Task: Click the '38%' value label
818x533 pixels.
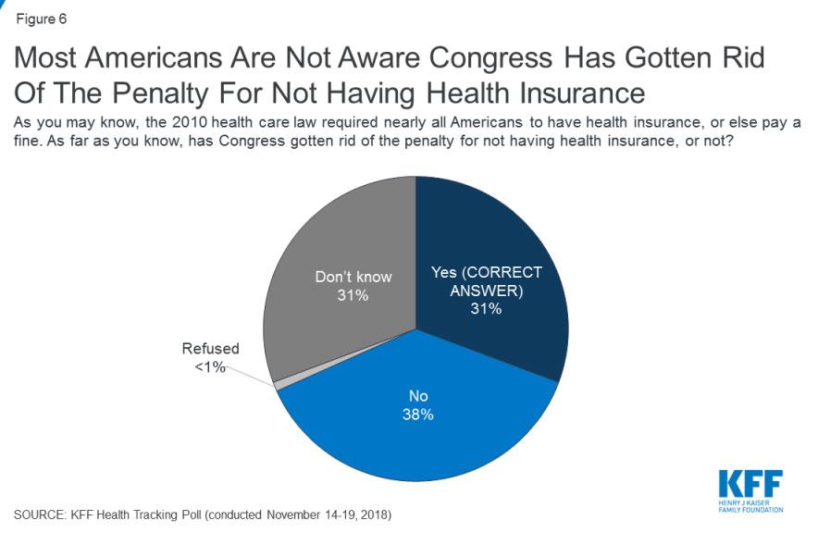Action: pos(418,414)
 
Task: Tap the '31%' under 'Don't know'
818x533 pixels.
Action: pos(353,295)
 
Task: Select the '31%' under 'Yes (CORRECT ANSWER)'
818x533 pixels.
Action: pos(485,309)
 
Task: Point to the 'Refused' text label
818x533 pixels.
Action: pos(210,349)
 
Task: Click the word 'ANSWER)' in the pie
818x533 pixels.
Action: pos(485,291)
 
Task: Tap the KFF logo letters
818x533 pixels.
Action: pos(750,483)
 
